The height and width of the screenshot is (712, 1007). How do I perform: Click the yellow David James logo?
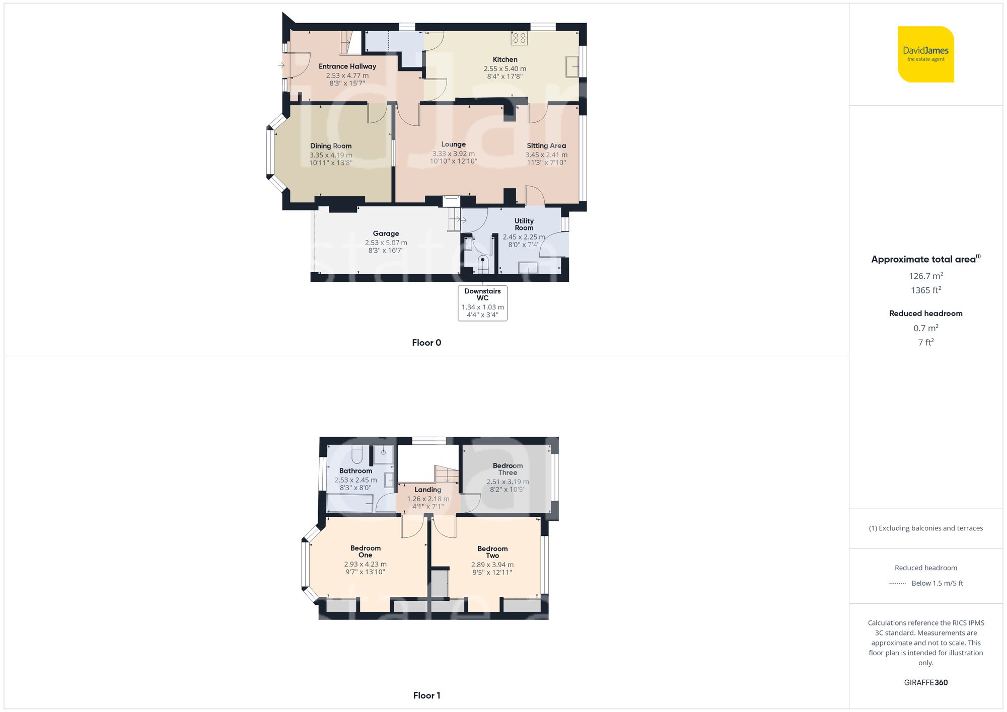[x=925, y=54]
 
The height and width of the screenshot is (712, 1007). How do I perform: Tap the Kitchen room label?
[x=505, y=59]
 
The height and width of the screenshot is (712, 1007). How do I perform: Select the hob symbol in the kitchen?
[x=519, y=38]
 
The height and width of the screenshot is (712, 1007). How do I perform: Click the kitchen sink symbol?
[x=572, y=66]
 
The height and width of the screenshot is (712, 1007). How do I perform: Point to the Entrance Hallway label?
[x=347, y=66]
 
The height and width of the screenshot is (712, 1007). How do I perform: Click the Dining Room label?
[x=331, y=146]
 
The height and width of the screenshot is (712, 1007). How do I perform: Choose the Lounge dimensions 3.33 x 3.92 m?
[x=453, y=154]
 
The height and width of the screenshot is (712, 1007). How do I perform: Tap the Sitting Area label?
[x=546, y=145]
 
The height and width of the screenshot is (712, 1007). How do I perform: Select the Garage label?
[x=386, y=233]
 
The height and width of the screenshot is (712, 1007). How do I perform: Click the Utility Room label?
[x=524, y=224]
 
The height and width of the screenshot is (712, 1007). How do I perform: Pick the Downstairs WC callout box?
[x=482, y=303]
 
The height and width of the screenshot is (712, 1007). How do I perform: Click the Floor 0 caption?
[x=426, y=343]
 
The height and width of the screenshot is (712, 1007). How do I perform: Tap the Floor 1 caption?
[x=426, y=695]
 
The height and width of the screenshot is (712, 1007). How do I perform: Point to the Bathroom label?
[x=355, y=471]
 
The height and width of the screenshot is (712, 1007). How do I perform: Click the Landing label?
[x=428, y=490]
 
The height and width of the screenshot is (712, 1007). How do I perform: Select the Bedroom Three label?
[x=508, y=469]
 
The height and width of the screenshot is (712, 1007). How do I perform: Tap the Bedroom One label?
[x=366, y=551]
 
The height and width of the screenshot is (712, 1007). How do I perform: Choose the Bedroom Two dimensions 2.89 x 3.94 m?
[x=492, y=565]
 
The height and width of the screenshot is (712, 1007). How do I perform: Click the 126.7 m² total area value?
[x=926, y=276]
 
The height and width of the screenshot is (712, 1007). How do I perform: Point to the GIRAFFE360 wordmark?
[x=926, y=683]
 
